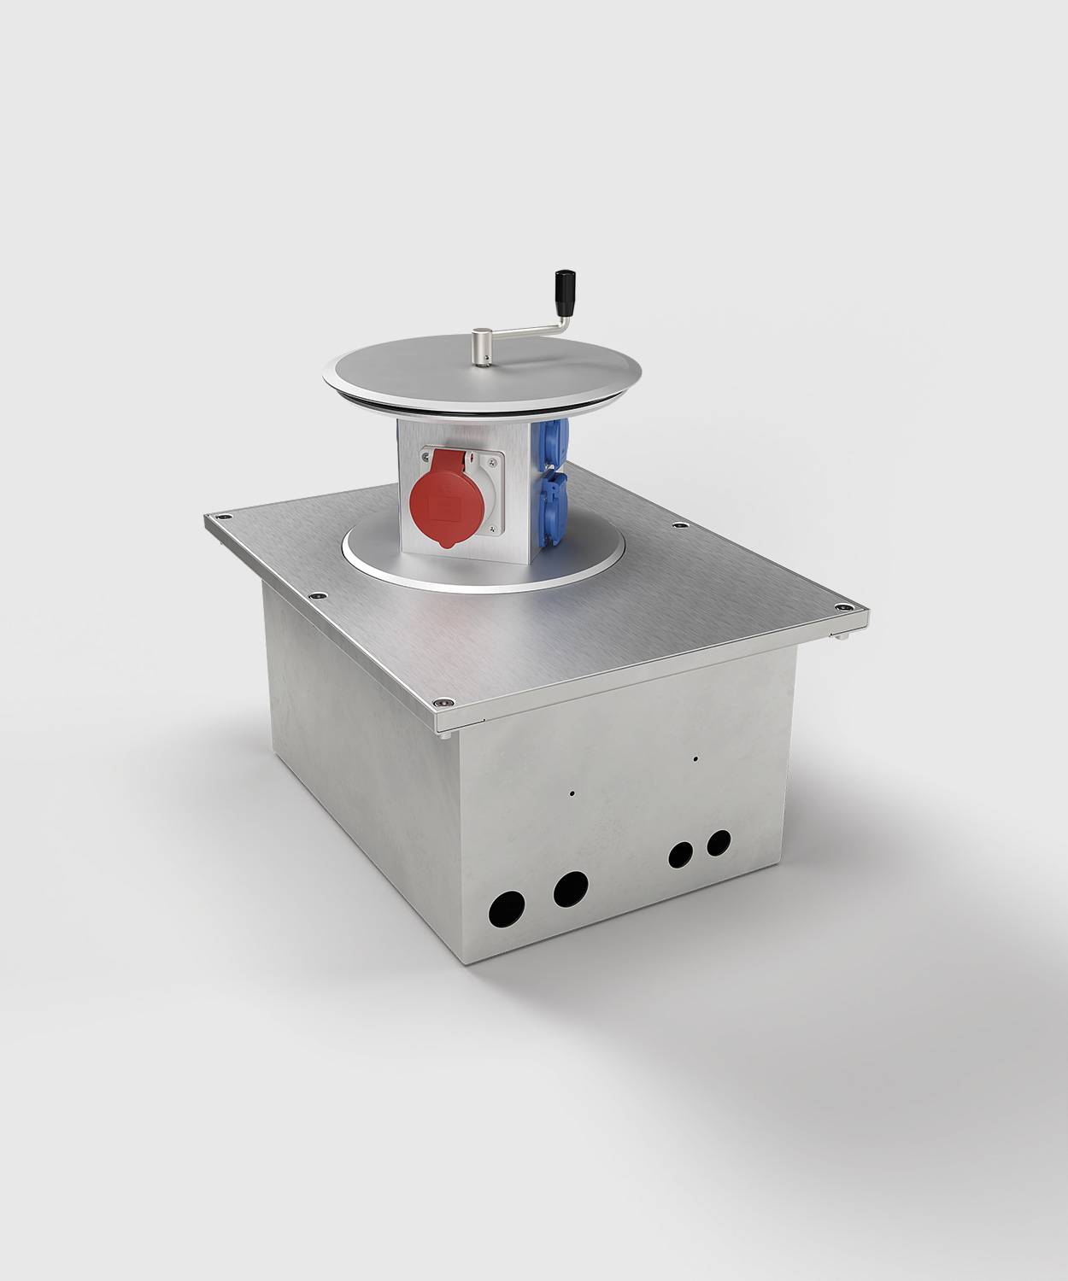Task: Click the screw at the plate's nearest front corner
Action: [443, 702]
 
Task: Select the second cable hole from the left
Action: [570, 888]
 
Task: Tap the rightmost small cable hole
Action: [719, 842]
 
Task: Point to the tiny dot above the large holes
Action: [572, 792]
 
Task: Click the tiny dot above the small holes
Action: [696, 757]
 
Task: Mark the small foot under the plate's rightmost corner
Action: [842, 636]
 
